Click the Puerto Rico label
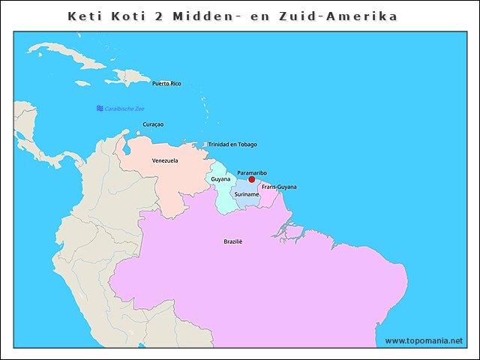pos(166,83)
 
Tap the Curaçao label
pos(153,124)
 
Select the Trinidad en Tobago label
pos(232,144)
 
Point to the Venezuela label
pos(165,160)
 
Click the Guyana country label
pos(220,179)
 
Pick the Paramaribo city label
pos(251,172)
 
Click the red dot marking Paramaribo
pos(252,179)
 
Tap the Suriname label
pos(246,194)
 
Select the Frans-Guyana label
pos(279,186)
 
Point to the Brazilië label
pos(233,241)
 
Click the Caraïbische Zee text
pos(124,109)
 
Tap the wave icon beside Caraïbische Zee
pos(100,109)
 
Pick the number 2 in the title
pos(171,16)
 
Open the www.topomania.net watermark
pos(424,340)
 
